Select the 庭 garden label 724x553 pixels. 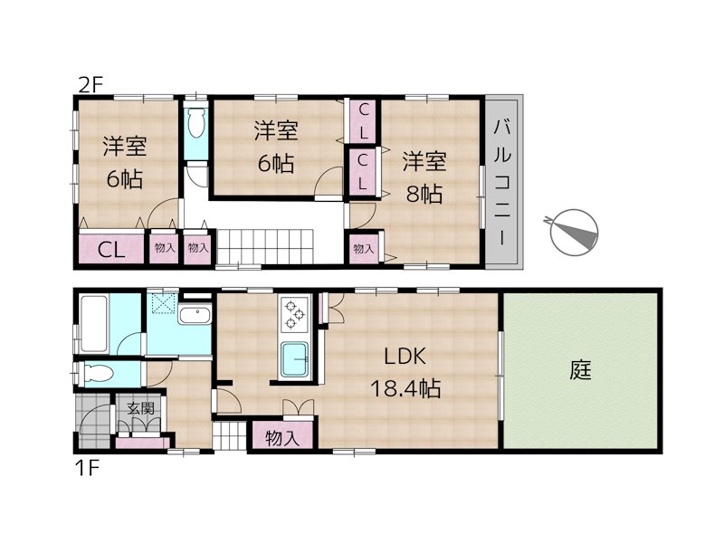coord(580,370)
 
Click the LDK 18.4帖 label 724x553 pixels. coord(405,373)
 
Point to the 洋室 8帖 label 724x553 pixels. coord(424,177)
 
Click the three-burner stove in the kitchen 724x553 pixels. coord(294,314)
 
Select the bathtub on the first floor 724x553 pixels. coord(94,324)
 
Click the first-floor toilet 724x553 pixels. coord(96,374)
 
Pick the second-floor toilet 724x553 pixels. coord(195,122)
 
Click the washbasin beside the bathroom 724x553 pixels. coord(195,315)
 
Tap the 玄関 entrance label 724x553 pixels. coord(140,408)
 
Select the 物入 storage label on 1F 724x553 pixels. coord(282,437)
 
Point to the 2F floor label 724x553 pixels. coord(90,86)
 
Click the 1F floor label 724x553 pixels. coord(87,469)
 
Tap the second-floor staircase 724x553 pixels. coord(264,247)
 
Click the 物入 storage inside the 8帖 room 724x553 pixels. coord(364,249)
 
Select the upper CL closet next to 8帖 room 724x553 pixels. coord(364,122)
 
